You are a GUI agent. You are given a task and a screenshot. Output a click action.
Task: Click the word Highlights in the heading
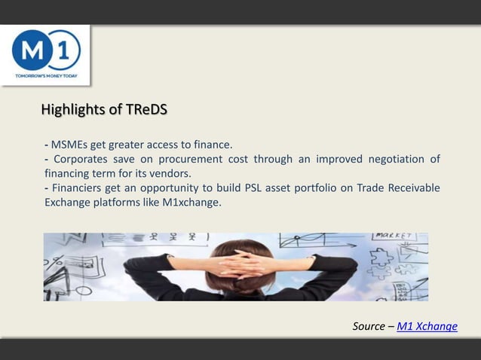point(74,111)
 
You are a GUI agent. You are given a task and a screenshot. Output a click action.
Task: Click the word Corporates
point(80,159)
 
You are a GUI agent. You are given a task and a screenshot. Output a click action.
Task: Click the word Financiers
point(78,188)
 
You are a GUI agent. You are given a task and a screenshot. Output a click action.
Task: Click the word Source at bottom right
point(369,326)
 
